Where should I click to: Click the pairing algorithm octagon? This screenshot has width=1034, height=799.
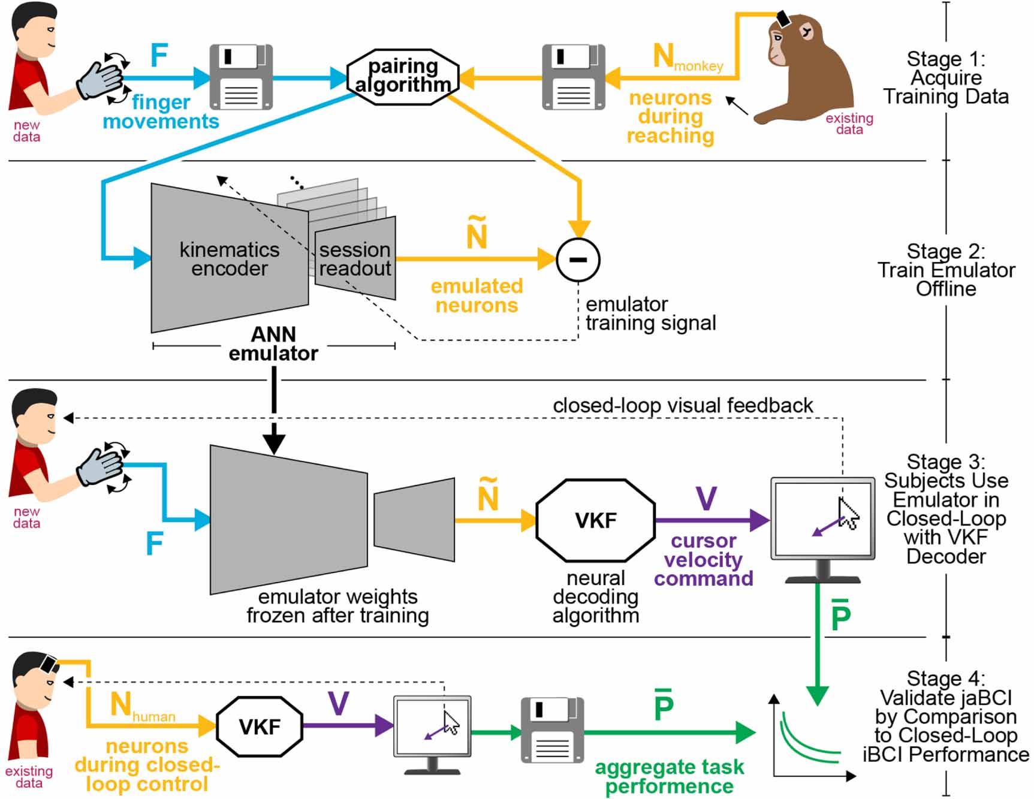pos(403,76)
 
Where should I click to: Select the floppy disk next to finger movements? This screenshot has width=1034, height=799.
pos(241,77)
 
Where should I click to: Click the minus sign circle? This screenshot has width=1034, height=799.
pos(578,260)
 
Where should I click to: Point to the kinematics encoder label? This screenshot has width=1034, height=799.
pos(230,259)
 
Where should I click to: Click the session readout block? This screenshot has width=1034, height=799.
pos(355,259)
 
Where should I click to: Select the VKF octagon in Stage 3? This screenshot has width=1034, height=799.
pos(595,520)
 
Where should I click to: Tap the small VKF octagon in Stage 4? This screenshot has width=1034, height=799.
pos(259,726)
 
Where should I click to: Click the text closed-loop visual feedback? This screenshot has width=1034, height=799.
pos(682,406)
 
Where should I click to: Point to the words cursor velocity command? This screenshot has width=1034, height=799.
pos(703,559)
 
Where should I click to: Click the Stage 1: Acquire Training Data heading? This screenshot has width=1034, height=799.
pos(945,78)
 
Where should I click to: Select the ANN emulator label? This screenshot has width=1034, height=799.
pos(273,343)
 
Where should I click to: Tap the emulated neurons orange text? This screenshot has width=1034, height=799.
pos(477,296)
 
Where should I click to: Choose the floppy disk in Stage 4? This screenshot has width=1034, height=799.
pos(552,729)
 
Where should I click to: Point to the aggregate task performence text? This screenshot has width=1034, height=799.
pos(669,776)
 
